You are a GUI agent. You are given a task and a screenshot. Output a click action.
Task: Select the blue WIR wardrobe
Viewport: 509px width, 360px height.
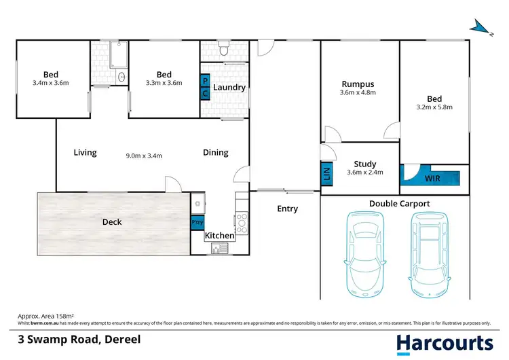[431, 179]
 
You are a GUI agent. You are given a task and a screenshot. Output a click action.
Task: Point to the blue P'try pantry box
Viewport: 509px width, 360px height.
[197, 222]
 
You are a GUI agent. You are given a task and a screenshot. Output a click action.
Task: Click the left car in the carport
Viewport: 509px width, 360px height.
[365, 253]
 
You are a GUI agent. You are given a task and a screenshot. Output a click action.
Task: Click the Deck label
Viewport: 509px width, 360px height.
[112, 221]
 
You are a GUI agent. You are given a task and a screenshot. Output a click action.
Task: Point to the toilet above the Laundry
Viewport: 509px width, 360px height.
[223, 50]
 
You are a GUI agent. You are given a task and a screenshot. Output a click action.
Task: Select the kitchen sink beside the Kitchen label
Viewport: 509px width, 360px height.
[219, 249]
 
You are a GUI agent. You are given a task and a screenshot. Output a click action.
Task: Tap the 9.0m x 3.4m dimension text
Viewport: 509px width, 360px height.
[144, 156]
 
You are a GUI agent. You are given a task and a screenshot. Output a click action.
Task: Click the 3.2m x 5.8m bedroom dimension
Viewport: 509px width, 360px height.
[434, 107]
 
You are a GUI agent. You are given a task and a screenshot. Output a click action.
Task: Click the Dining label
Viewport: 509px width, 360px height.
[216, 153]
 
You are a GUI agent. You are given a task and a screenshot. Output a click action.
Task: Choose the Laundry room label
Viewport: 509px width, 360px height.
[229, 88]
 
